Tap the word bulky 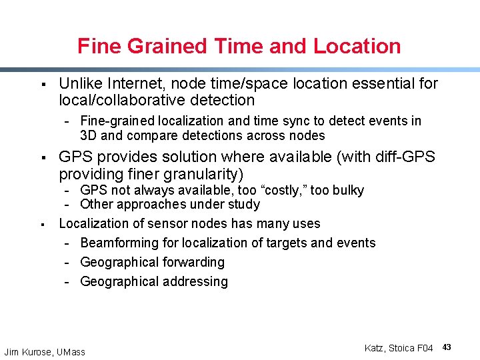347,191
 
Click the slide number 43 447,347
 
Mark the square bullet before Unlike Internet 42,84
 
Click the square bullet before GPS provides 42,157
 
